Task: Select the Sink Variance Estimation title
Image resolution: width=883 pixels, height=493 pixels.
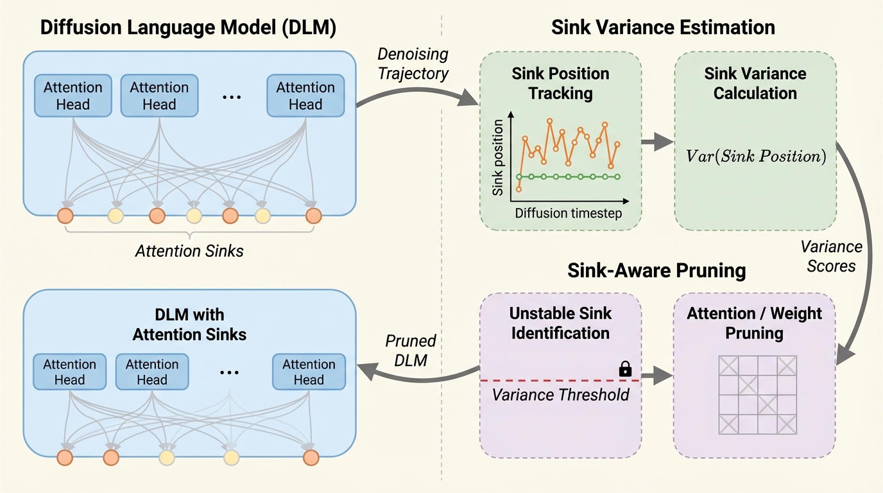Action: pos(663,28)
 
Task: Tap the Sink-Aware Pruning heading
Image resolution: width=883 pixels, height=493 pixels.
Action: pos(656,271)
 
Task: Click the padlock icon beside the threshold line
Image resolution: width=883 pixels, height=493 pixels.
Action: pos(625,369)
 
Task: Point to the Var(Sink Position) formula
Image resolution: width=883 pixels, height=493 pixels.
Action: pos(755,156)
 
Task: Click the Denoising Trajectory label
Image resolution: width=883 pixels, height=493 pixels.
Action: pos(413,64)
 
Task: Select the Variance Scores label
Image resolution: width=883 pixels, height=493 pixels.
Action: pos(832,256)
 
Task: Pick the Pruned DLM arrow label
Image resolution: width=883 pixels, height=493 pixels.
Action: pos(411,350)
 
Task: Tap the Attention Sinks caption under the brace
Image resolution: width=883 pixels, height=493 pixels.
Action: pos(189,250)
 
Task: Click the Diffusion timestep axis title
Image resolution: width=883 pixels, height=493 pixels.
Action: pos(569,213)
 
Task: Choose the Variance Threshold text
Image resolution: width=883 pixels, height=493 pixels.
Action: pos(560,394)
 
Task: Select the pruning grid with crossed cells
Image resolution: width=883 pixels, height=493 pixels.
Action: pos(757,394)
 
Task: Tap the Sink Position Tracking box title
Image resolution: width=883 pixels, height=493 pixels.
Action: pos(560,82)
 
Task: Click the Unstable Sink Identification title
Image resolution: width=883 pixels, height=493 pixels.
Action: pos(560,323)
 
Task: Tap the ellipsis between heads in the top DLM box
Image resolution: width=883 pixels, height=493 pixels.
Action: pos(231,97)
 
